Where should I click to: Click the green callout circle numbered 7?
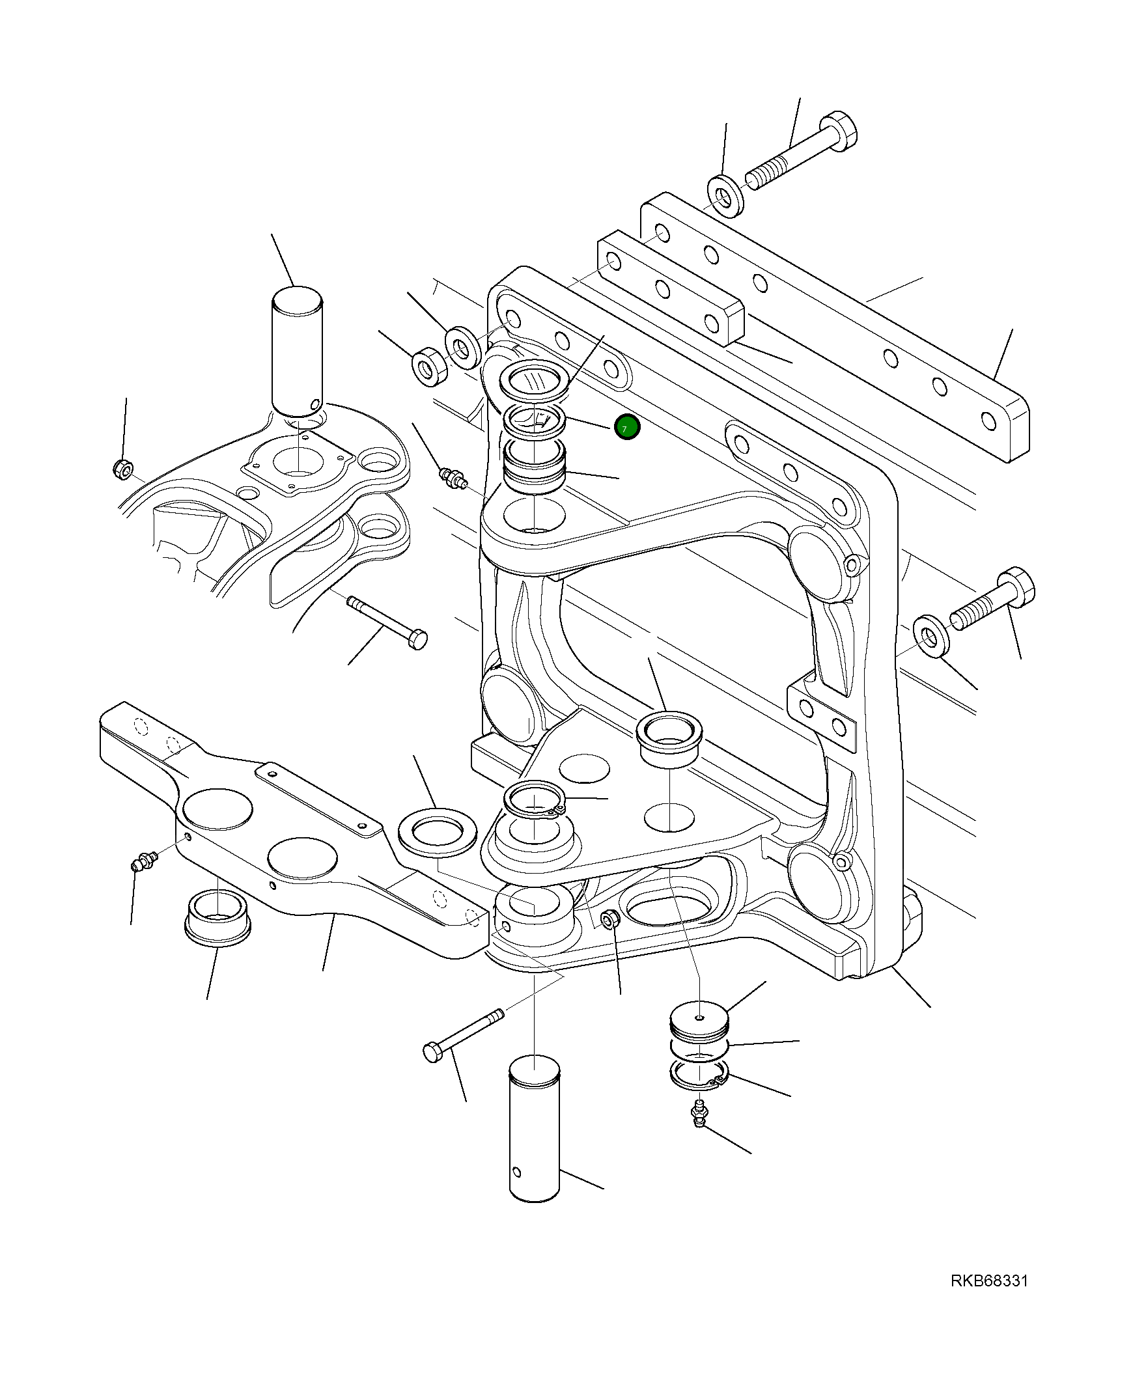627,428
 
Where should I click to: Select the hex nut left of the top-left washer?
429,366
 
